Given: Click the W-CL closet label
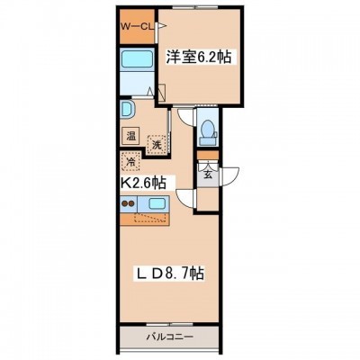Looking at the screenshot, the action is [x=137, y=27].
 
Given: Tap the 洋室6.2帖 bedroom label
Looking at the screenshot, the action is [x=199, y=57].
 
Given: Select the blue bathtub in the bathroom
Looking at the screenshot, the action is [x=137, y=60].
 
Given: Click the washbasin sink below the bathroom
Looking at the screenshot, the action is [x=127, y=110].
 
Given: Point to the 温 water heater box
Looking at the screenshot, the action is [x=130, y=136].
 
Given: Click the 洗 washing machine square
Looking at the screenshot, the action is [x=156, y=145].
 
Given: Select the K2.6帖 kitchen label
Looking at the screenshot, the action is [x=143, y=182].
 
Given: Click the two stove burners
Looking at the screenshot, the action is [x=128, y=203].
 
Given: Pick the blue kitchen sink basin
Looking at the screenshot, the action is [x=157, y=204].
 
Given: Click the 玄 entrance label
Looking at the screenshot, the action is [x=208, y=174].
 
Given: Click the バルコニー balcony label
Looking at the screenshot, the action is [x=169, y=337].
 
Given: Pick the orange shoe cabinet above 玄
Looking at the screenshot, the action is [x=208, y=155].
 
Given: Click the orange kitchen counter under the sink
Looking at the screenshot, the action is [x=145, y=219].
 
